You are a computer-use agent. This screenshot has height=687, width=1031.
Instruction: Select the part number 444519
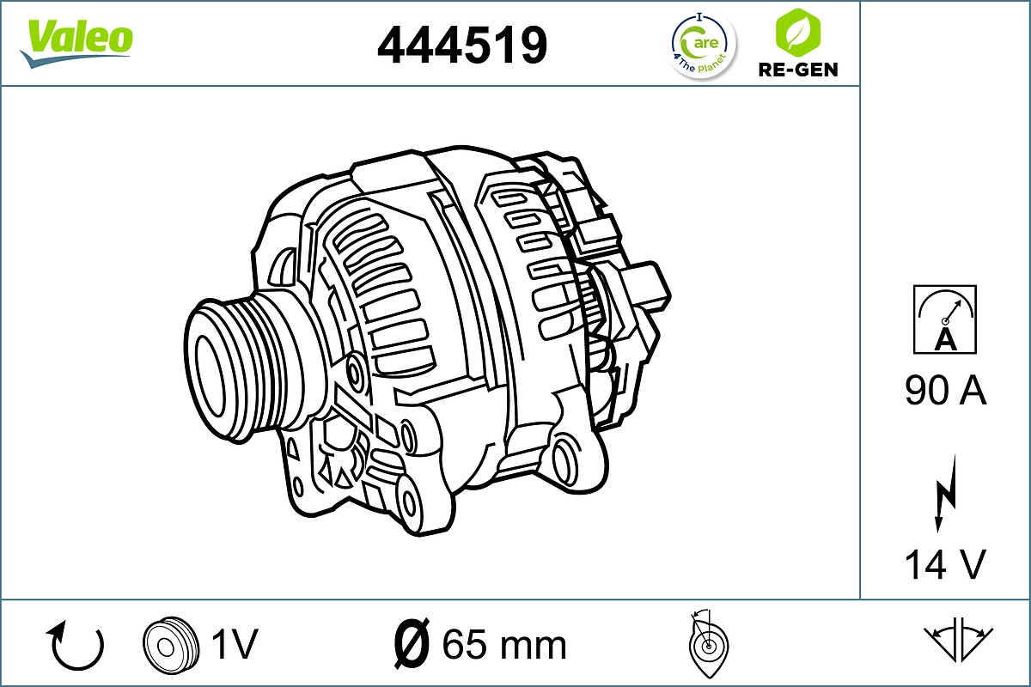coord(462,45)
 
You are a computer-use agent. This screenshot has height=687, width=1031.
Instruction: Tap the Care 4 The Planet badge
coord(703,45)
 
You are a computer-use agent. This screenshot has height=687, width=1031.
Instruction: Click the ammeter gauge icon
coord(945,319)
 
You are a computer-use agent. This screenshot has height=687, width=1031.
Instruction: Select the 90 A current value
coord(945,391)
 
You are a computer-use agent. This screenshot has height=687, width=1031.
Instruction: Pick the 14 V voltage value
coord(945,564)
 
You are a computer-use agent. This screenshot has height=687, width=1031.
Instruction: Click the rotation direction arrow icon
coord(77,646)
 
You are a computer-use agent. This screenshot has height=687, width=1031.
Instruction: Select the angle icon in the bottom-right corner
coord(958,641)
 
